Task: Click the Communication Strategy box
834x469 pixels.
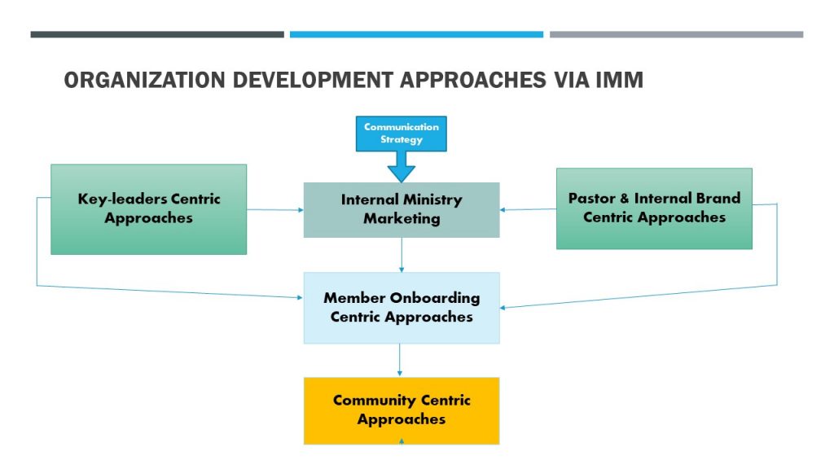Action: click(401, 134)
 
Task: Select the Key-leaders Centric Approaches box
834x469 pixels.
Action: click(148, 209)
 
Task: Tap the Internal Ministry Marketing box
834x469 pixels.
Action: click(402, 209)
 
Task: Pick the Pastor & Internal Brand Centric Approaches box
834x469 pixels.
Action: click(654, 208)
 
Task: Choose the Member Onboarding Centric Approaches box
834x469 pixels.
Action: click(402, 308)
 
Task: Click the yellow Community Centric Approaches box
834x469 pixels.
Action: click(402, 410)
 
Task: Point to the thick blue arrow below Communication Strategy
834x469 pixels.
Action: click(401, 167)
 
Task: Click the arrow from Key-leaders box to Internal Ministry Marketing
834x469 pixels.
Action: click(275, 209)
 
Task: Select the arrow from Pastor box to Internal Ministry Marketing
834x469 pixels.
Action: click(528, 209)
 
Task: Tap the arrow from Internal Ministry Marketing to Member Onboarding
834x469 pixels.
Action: click(402, 255)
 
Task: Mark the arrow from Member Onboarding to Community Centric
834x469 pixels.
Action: click(399, 361)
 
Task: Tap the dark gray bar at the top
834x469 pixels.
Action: click(157, 34)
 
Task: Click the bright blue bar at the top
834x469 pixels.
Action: click(416, 34)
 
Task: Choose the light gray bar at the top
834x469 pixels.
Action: click(677, 34)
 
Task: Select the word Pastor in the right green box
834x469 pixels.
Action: click(591, 199)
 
